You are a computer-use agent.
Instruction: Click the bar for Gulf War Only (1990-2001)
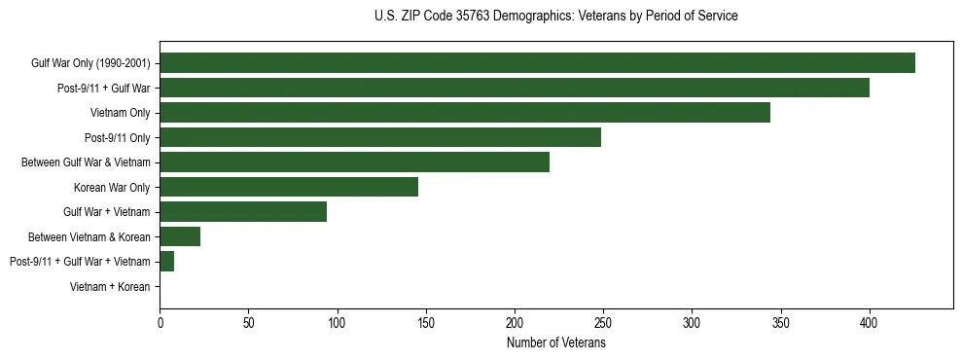point(537,63)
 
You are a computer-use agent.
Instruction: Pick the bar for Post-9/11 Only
point(380,137)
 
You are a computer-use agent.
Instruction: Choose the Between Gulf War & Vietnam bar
point(355,162)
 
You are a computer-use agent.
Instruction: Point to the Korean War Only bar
point(289,187)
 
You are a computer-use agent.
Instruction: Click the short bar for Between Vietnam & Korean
point(180,236)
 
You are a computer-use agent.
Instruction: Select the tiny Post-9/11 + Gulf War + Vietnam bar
point(167,262)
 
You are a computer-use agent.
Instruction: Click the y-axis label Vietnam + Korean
point(110,287)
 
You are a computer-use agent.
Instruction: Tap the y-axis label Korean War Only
point(112,187)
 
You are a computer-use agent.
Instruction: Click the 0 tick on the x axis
point(160,322)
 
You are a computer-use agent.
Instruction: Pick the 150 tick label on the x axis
point(426,322)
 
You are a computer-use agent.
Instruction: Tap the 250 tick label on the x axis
point(603,322)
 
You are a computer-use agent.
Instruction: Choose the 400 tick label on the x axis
point(869,322)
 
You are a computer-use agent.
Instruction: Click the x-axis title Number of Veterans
point(556,342)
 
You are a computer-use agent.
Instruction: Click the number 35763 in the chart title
point(474,17)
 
